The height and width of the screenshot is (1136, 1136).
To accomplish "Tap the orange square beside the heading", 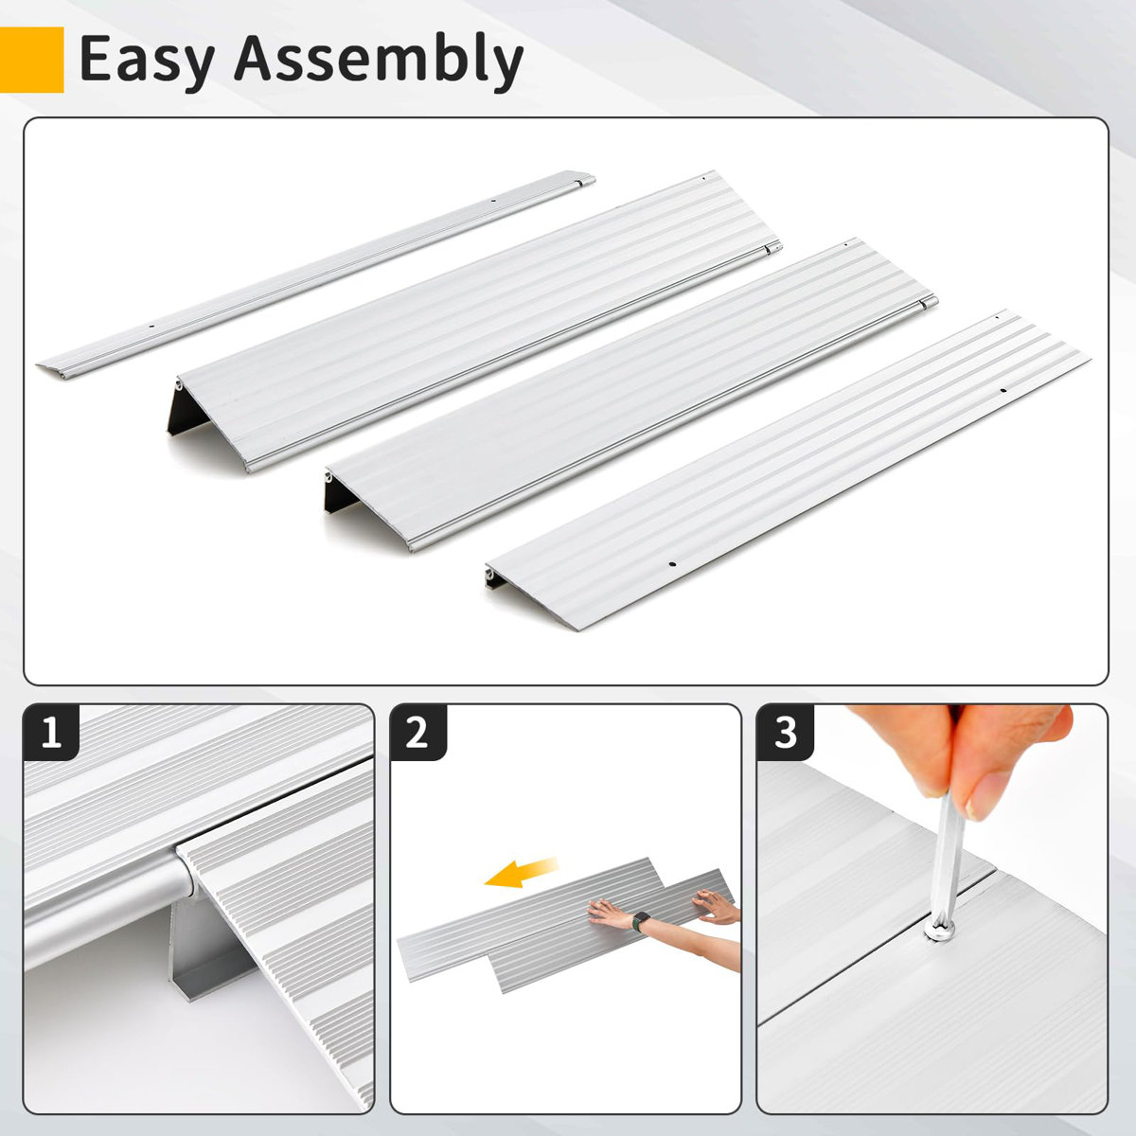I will (x=31, y=60).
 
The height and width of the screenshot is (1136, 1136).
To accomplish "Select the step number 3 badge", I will (x=785, y=733).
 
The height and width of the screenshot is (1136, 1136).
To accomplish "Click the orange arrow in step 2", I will (x=521, y=874).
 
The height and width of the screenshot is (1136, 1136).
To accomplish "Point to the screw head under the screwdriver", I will (x=937, y=932).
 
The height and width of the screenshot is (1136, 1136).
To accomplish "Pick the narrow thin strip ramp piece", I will (x=312, y=275).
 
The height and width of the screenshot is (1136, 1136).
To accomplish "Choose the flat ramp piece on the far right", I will (x=786, y=473).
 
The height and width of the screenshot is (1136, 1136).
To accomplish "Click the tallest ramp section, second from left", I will (x=473, y=322).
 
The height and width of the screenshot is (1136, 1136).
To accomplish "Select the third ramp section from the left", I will (x=625, y=398).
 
